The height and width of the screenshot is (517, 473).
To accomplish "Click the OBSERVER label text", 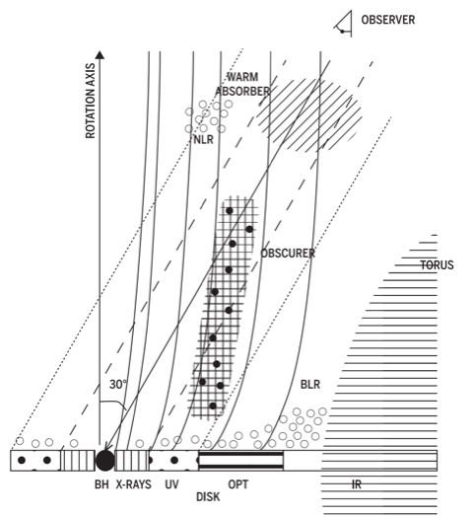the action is coord(387,20).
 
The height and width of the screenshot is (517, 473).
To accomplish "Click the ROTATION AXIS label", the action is coord(90,101).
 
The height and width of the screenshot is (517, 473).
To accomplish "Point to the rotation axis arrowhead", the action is coord(101,54).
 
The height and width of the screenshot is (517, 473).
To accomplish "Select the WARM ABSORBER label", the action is coord(242,84).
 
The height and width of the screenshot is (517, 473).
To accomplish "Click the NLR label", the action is coord(204,140).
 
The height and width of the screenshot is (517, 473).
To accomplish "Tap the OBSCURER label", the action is coord(288,254).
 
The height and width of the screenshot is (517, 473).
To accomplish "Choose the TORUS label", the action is coord(437,265).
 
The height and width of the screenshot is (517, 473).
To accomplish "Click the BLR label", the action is coord(310,385).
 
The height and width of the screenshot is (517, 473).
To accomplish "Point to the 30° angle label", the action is coord(118,385).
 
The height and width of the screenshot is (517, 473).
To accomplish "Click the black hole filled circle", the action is coord(105,461).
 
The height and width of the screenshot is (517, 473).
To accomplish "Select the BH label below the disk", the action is coord(101,484).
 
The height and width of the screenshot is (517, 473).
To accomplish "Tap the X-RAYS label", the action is coord(133,484).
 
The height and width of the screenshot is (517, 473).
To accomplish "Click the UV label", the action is coord(171,484).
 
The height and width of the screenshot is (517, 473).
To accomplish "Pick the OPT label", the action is coord(237,484).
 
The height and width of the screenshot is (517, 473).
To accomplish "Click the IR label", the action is coord(357,484).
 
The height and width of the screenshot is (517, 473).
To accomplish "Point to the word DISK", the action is coord(208,497).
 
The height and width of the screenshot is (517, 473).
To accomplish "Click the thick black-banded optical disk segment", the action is coord(241,461).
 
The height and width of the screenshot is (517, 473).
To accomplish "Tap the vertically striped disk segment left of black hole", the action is coord(78,461).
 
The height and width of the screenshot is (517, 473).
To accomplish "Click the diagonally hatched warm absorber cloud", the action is coord(309,113).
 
